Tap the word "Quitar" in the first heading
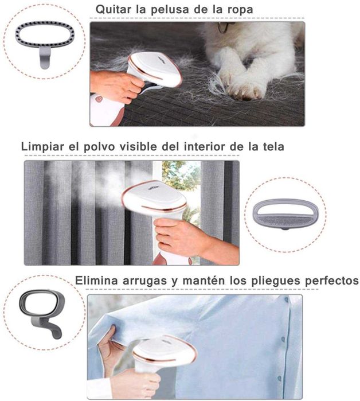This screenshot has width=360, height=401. [x=114, y=10]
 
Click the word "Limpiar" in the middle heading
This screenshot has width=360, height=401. [x=42, y=147]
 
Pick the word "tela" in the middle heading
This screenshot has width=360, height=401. [x=271, y=147]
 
